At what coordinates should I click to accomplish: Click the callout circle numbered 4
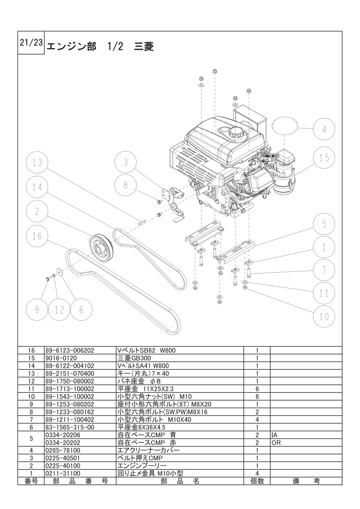point(324,129)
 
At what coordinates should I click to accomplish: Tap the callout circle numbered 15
point(324,157)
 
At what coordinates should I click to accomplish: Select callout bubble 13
point(38,162)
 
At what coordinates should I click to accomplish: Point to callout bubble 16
point(38,236)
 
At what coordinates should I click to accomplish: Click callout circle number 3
point(126,162)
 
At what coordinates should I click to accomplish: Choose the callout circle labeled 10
point(324,316)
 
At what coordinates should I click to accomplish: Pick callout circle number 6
point(81,310)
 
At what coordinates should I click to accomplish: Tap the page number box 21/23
point(31,43)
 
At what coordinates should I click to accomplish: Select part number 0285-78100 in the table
point(63,450)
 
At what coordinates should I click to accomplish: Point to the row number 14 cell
point(31,366)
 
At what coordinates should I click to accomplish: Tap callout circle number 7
point(324,271)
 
